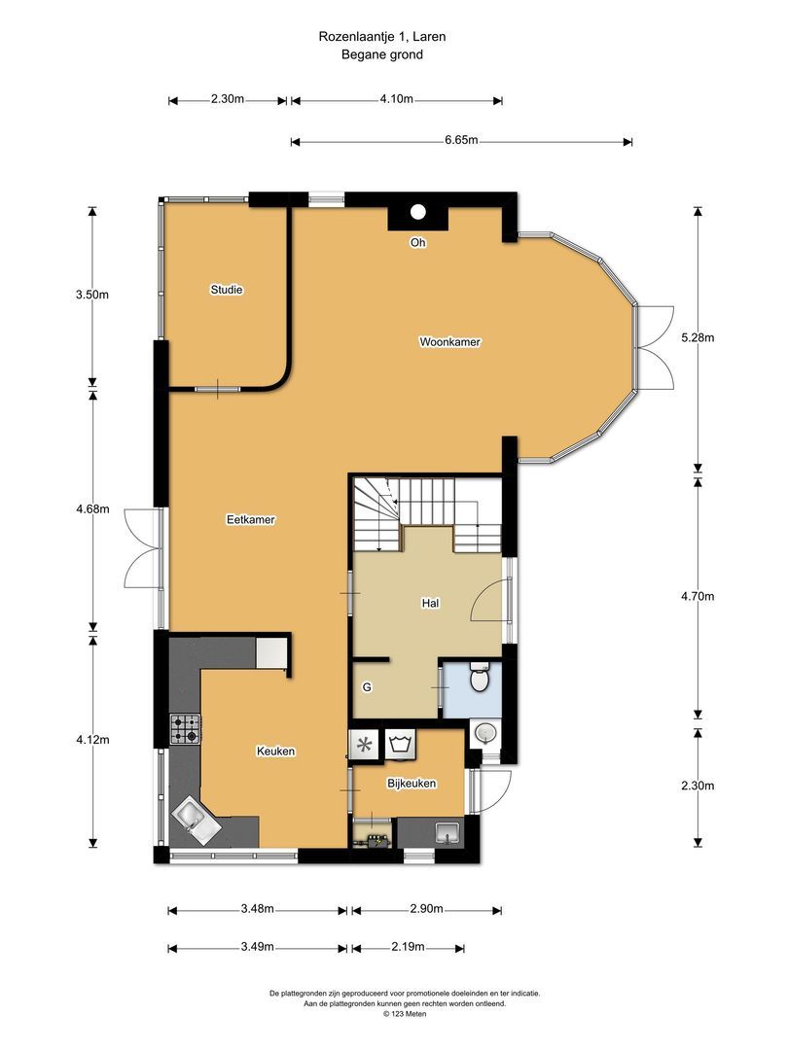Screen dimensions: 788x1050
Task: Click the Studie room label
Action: coord(227,290)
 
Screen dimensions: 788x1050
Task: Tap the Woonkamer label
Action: coord(449,342)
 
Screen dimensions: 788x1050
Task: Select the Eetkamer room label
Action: coord(251,519)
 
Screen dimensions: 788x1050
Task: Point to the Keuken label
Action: coord(275,752)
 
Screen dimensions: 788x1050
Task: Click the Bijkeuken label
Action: coord(412,784)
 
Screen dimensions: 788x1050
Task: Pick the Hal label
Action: coord(430,604)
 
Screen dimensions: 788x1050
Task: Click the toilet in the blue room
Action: coord(480,678)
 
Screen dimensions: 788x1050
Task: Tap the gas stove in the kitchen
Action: coord(186,729)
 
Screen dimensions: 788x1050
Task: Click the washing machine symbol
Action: coord(399,745)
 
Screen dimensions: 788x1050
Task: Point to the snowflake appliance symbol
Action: coord(365,745)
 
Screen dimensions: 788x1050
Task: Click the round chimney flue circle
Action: coord(418,212)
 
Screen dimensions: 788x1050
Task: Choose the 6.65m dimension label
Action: coord(462,140)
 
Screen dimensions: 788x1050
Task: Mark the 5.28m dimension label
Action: coord(698,337)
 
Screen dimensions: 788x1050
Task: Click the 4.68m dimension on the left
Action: coord(92,508)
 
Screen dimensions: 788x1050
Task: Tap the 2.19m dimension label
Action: coord(408,947)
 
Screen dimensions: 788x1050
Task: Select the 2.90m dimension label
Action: coord(426,909)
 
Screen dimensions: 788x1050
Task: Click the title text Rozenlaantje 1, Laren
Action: coord(382,37)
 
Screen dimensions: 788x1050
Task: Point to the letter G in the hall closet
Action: coord(367,687)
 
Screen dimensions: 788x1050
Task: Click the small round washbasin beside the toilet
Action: coord(485,734)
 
